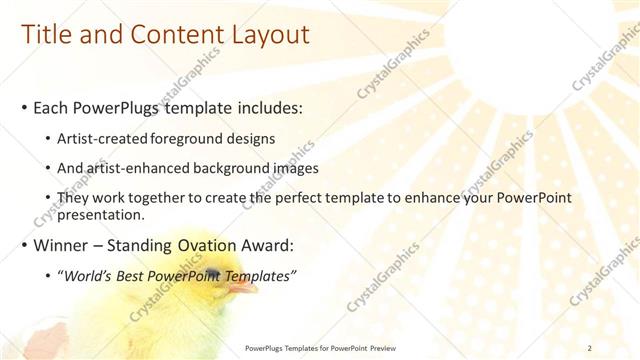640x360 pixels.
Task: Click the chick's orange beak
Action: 241,288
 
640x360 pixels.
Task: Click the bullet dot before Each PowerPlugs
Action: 23,106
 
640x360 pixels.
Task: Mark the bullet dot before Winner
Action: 23,246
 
